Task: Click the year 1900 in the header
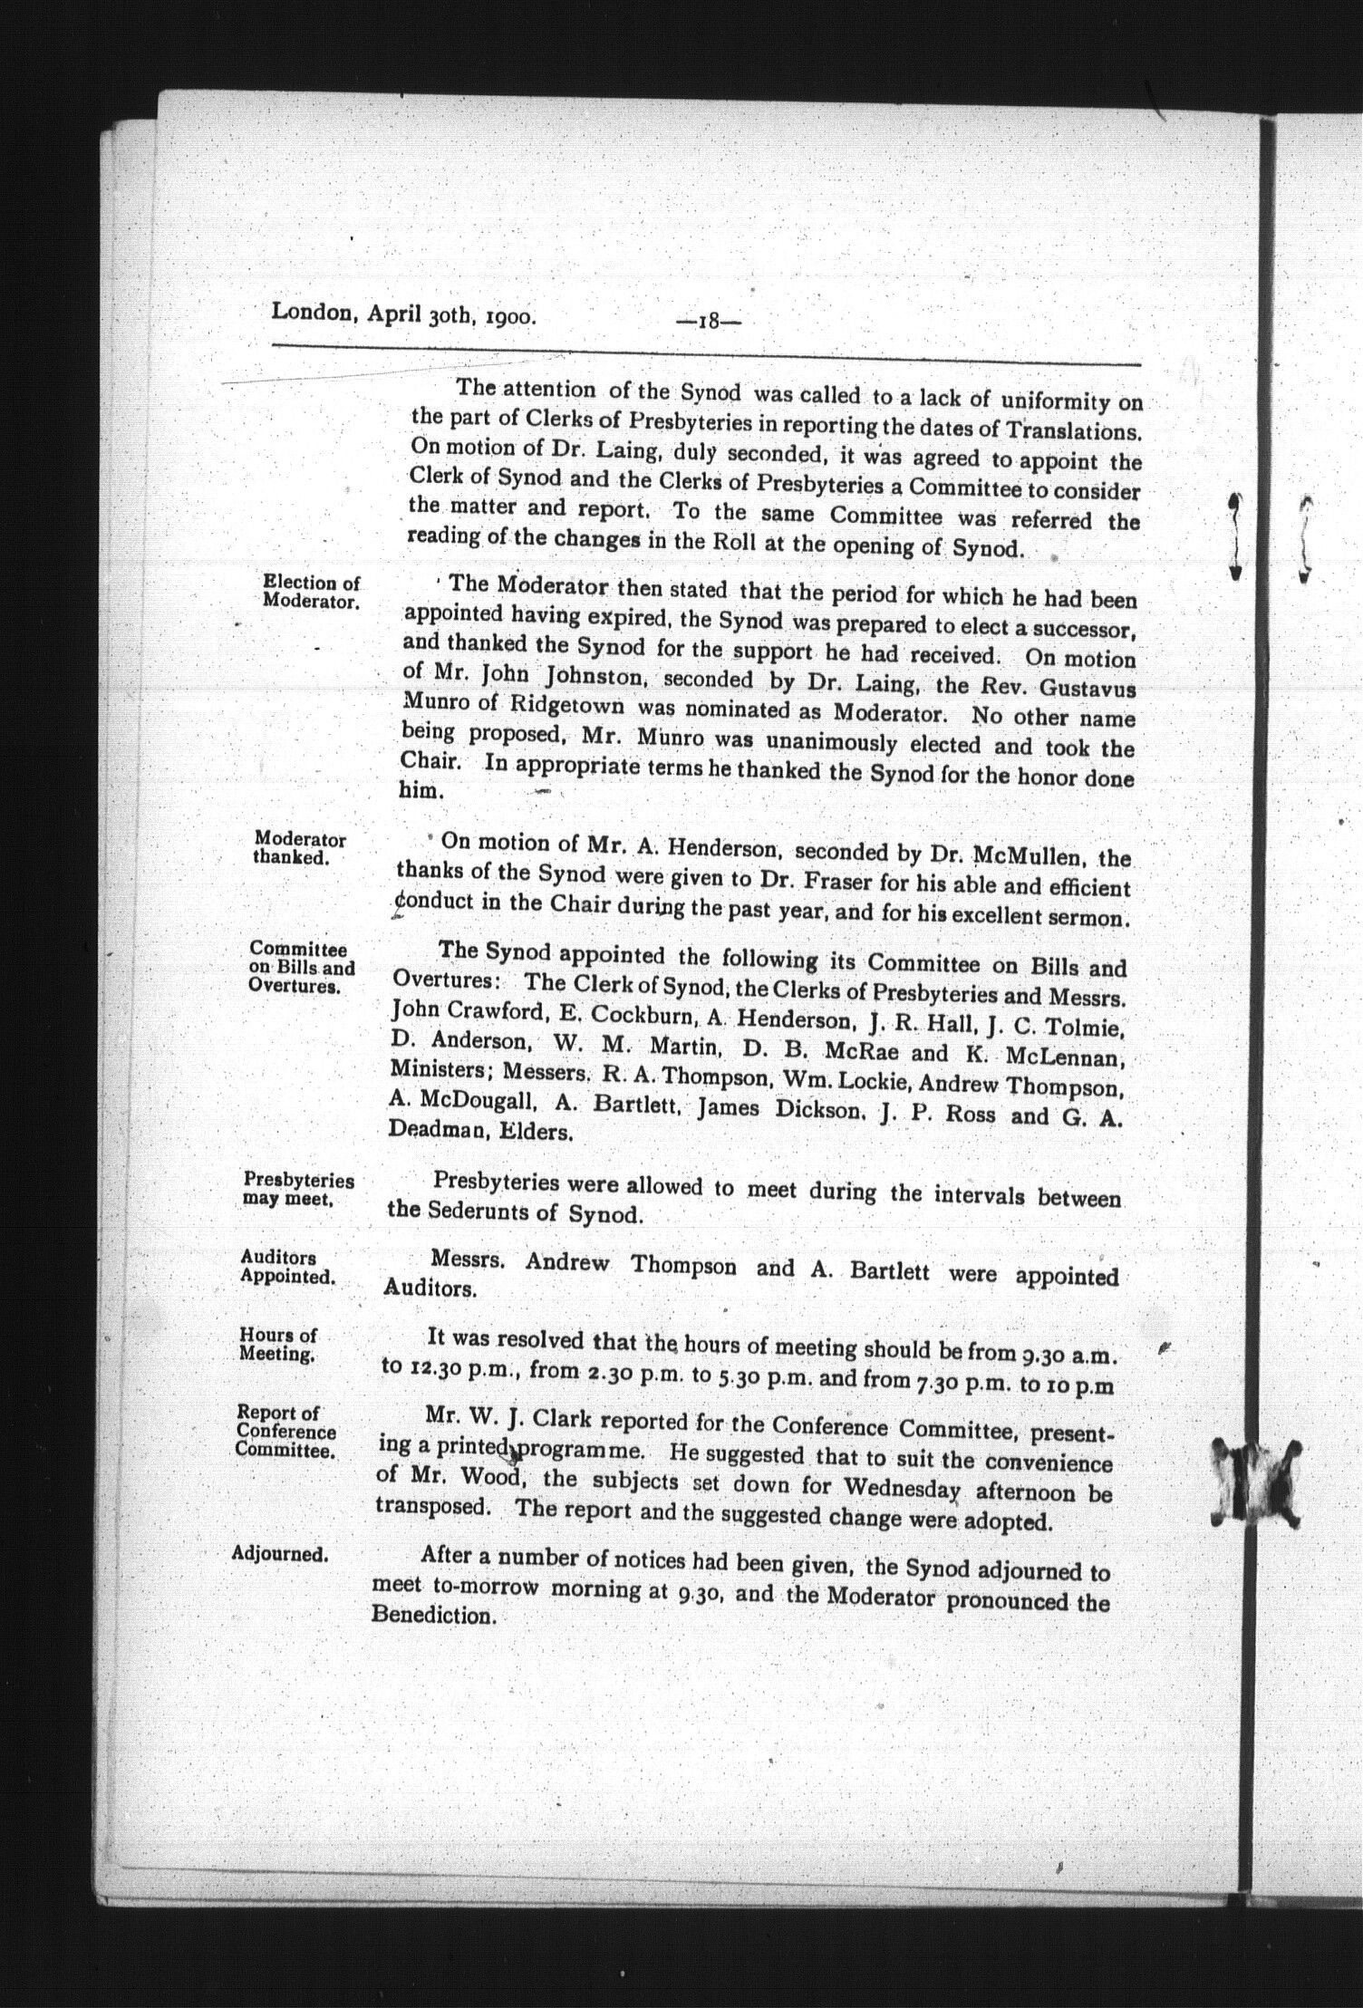pyautogui.click(x=508, y=316)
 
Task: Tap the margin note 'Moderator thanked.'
pyautogui.click(x=299, y=848)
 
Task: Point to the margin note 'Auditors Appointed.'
pyautogui.click(x=286, y=1267)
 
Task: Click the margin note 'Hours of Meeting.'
pyautogui.click(x=278, y=1345)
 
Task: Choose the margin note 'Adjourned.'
pyautogui.click(x=280, y=1553)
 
